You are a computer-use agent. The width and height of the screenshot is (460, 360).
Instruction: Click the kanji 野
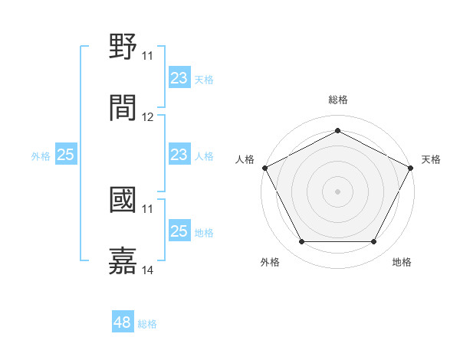123,47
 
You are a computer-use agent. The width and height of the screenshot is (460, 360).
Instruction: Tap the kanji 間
123,108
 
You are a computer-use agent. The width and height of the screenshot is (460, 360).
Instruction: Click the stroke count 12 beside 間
148,117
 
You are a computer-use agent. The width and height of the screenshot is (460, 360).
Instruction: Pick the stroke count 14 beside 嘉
148,270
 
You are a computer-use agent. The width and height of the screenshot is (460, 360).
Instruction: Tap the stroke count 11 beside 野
148,56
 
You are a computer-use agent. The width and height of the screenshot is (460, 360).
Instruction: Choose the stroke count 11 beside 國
148,208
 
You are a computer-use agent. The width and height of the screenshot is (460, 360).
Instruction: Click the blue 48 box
123,323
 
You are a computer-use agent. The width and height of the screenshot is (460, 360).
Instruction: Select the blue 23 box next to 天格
179,78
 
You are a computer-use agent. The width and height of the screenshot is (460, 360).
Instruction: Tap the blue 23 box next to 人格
179,155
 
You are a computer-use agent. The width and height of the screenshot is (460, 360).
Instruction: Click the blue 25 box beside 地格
179,231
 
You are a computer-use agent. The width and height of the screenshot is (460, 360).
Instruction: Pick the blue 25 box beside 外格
65,155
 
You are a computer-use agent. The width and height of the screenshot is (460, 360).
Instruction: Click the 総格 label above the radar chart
338,100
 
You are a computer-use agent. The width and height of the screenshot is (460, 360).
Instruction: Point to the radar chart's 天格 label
432,159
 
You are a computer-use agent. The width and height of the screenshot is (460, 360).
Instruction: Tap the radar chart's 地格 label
402,263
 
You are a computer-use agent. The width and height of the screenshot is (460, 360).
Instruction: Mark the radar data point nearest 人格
264,167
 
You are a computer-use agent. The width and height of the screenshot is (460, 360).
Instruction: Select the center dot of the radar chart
338,191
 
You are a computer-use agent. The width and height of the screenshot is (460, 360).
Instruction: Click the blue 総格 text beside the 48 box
147,324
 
